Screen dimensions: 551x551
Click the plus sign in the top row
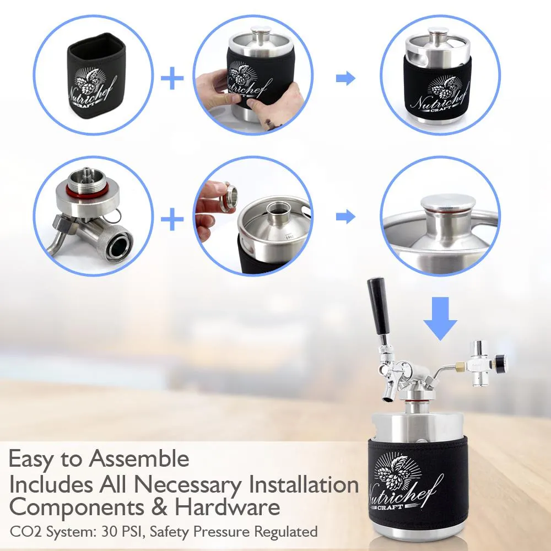click(x=172, y=78)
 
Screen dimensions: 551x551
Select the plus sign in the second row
click(x=172, y=219)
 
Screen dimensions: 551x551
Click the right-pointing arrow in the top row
click(x=346, y=78)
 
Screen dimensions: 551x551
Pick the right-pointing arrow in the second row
click(x=346, y=216)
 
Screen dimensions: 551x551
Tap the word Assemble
click(x=139, y=458)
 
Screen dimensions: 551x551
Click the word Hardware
click(x=228, y=507)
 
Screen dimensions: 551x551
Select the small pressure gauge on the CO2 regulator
click(x=502, y=361)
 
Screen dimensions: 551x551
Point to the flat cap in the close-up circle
click(x=443, y=204)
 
